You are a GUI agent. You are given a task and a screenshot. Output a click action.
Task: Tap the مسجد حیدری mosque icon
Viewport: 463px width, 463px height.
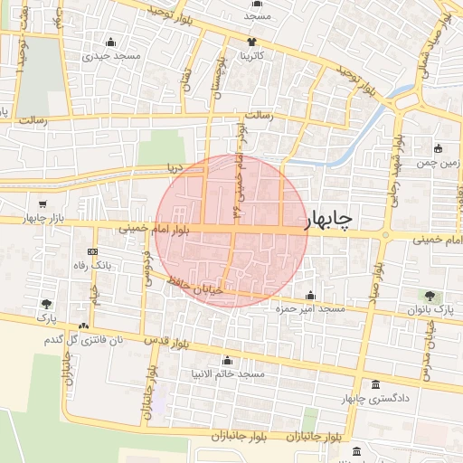click(x=111, y=43)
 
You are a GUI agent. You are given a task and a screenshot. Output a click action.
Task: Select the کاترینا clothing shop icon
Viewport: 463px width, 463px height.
click(x=252, y=43)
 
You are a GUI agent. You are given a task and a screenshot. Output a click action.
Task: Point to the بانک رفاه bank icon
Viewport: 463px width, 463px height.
click(x=92, y=252)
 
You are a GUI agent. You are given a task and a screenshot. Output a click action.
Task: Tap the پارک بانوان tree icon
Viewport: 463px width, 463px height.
click(x=430, y=297)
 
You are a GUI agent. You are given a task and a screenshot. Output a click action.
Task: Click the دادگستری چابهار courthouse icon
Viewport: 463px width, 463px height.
click(x=375, y=384)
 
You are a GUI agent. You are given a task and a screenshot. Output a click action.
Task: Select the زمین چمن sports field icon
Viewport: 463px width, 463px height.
click(x=439, y=149)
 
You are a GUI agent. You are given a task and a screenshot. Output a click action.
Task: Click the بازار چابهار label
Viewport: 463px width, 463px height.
click(x=21, y=219)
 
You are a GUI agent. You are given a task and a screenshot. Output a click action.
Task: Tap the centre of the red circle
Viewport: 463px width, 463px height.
click(x=232, y=230)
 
